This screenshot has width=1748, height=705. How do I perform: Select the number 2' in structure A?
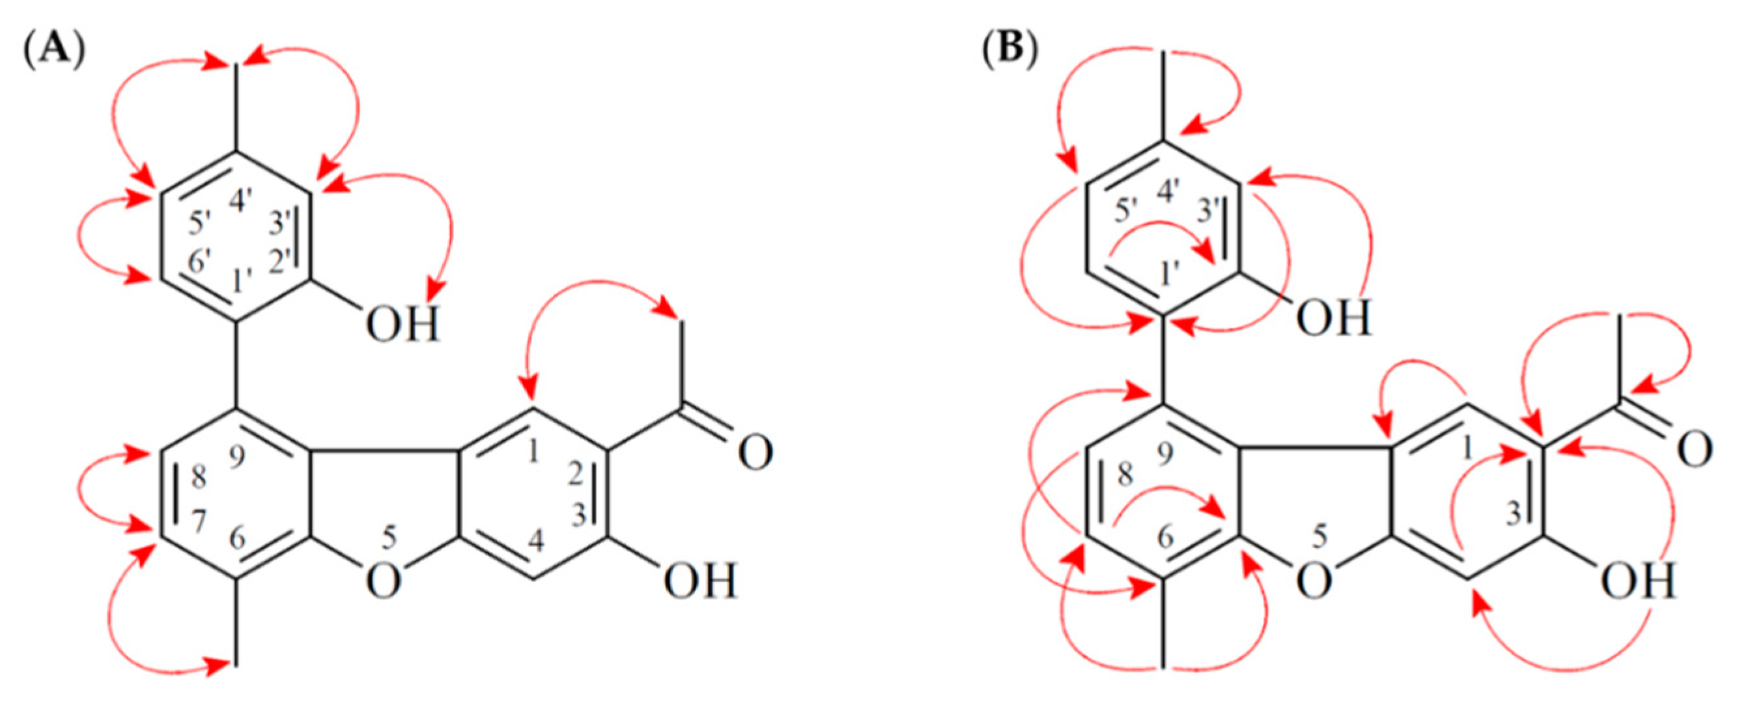[x=281, y=260]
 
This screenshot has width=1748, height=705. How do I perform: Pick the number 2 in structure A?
[x=576, y=475]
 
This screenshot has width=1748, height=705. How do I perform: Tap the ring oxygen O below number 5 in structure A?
[x=384, y=582]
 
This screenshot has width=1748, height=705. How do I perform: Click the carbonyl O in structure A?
[x=755, y=453]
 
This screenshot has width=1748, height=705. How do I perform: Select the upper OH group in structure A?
[x=403, y=326]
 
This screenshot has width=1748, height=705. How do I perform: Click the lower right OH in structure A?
[x=701, y=582]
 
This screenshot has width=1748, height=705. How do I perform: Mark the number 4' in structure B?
[x=1168, y=192]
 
